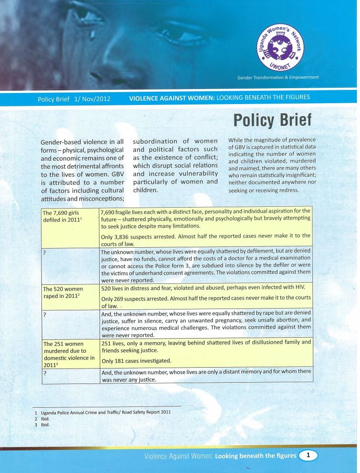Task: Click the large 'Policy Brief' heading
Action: (x=272, y=119)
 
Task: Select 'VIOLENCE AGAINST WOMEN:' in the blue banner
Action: (x=171, y=98)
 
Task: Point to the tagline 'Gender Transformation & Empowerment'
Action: (x=278, y=78)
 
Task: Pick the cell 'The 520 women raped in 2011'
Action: (x=63, y=293)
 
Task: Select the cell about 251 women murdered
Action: (x=68, y=354)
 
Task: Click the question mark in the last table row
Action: (x=45, y=373)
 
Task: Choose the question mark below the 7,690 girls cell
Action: (x=45, y=252)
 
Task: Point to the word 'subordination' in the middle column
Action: (x=155, y=142)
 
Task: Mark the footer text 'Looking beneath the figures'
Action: (x=255, y=455)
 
